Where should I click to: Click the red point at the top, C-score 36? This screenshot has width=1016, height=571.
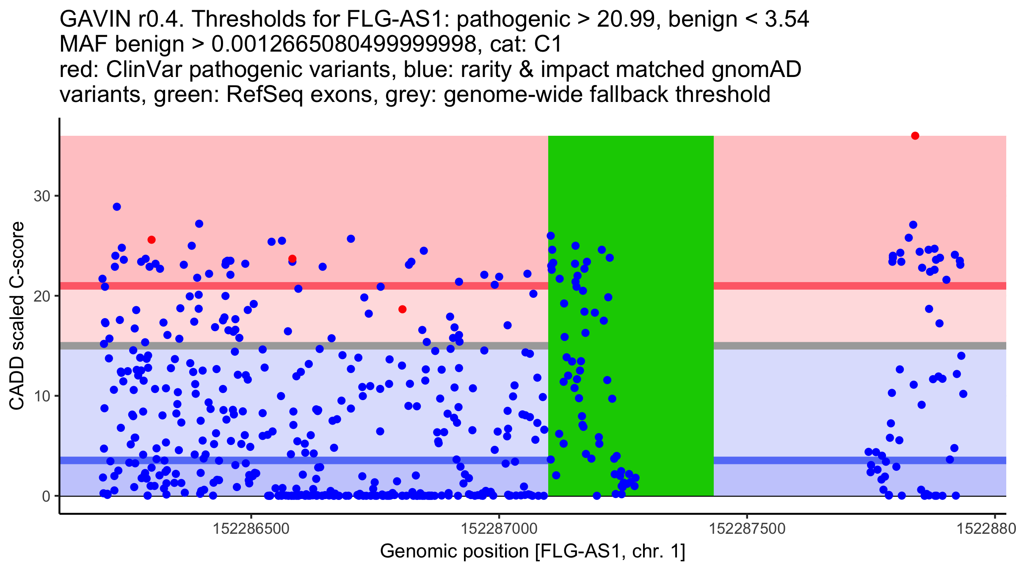pyautogui.click(x=915, y=136)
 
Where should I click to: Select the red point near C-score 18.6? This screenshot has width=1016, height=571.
pyautogui.click(x=402, y=309)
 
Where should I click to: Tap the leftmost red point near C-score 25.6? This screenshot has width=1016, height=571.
pyautogui.click(x=151, y=240)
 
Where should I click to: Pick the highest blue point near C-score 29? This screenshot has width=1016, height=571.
pyautogui.click(x=117, y=207)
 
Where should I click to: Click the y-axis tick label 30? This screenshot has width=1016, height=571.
pyautogui.click(x=42, y=196)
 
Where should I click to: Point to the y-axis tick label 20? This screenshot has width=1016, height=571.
pyautogui.click(x=42, y=296)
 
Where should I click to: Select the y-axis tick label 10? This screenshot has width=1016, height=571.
pyautogui.click(x=42, y=396)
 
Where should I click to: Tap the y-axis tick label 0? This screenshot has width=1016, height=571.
pyautogui.click(x=46, y=496)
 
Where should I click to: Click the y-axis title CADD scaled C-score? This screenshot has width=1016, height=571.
pyautogui.click(x=17, y=316)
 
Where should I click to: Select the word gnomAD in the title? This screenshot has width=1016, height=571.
pyautogui.click(x=756, y=69)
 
